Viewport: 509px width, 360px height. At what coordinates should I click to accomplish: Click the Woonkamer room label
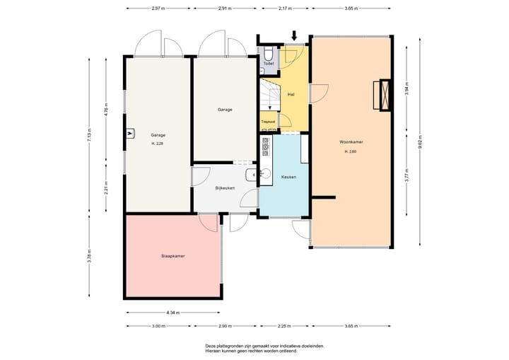pyautogui.click(x=351, y=142)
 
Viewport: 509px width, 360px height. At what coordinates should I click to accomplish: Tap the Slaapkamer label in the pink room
pyautogui.click(x=172, y=256)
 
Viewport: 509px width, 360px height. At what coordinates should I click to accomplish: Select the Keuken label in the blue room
pyautogui.click(x=288, y=177)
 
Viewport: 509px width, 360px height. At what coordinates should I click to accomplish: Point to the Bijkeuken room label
pyautogui.click(x=225, y=187)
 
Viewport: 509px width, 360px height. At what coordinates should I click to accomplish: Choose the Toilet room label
pyautogui.click(x=269, y=64)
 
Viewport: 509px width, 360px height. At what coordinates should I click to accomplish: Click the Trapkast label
pyautogui.click(x=268, y=122)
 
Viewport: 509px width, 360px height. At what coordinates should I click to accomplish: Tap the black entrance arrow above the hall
pyautogui.click(x=295, y=34)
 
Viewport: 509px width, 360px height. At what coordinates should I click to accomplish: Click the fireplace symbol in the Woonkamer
pyautogui.click(x=385, y=94)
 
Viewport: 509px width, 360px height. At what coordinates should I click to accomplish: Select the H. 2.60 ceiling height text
pyautogui.click(x=351, y=152)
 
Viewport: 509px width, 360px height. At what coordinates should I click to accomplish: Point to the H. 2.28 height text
pyautogui.click(x=157, y=144)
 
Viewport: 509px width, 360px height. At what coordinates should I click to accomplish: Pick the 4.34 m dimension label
pyautogui.click(x=172, y=312)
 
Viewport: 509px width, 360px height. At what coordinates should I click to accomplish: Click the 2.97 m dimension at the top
pyautogui.click(x=158, y=8)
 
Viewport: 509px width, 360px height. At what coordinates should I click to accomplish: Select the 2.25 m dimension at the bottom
pyautogui.click(x=283, y=326)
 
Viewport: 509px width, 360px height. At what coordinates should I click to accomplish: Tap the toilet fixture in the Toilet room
pyautogui.click(x=270, y=54)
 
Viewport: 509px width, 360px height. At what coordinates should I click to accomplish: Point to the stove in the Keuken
pyautogui.click(x=267, y=146)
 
